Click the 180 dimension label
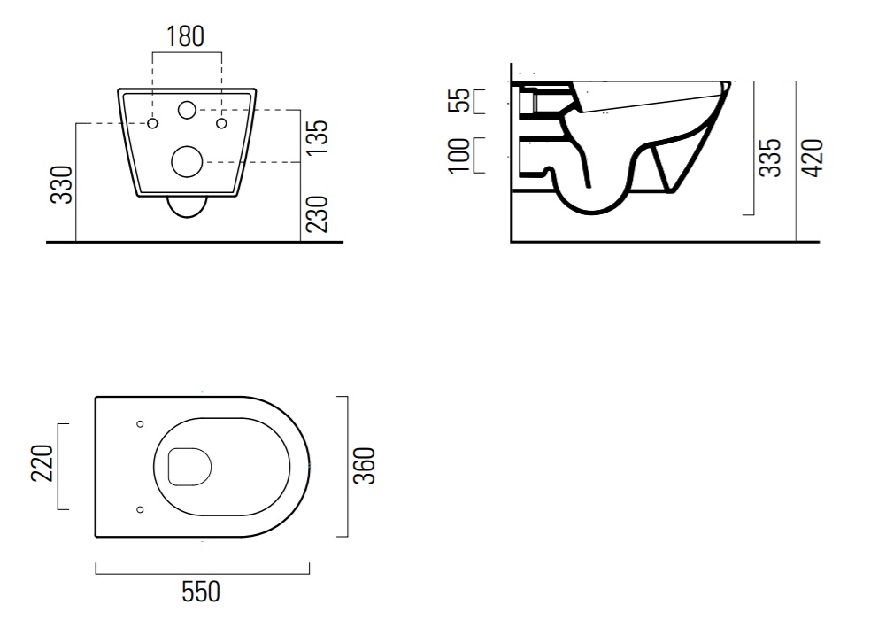pyautogui.click(x=185, y=36)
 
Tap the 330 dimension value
pyautogui.click(x=62, y=184)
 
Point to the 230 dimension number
pyautogui.click(x=317, y=214)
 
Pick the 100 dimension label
pyautogui.click(x=458, y=155)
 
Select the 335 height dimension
pyautogui.click(x=769, y=158)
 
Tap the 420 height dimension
pyautogui.click(x=813, y=158)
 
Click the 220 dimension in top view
pyautogui.click(x=42, y=463)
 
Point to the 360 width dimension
pyautogui.click(x=364, y=466)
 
